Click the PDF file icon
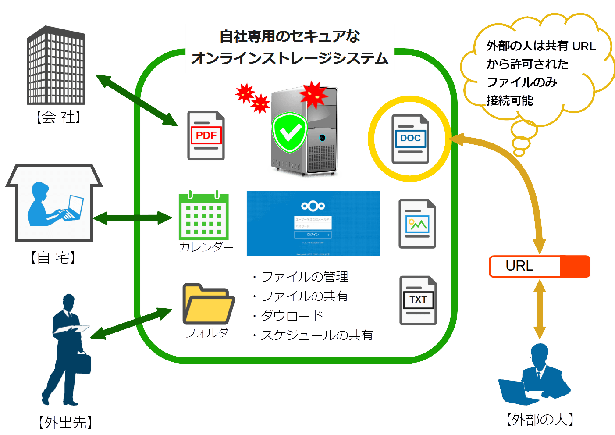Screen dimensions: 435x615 coord(206,135)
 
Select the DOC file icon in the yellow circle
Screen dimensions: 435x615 coord(410,139)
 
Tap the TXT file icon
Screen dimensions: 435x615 coord(418,300)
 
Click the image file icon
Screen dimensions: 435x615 coord(417,224)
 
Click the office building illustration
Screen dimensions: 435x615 coord(56,66)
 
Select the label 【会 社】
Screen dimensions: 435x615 coord(57,117)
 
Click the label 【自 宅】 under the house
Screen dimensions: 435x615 coord(53,257)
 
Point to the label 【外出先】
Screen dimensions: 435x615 coord(65,422)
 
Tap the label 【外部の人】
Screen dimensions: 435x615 coord(540,420)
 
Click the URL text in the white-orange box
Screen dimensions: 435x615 coord(519,266)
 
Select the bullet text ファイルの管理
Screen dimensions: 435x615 coord(305,277)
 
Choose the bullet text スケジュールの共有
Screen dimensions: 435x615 coord(316,335)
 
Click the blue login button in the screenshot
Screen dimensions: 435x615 coord(313,235)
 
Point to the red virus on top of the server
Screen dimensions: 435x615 coord(313,93)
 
